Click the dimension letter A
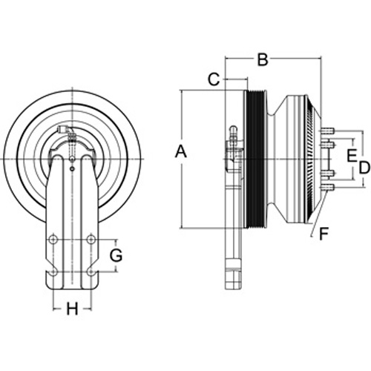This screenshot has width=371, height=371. tap(181, 151)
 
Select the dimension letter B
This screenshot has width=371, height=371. tap(263, 59)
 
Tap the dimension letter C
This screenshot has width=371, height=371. tap(214, 79)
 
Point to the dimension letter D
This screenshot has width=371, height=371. tap(364, 168)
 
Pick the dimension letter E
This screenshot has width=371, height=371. tap(352, 156)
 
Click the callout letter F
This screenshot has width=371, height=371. tap(324, 234)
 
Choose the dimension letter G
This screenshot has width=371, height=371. tap(116, 255)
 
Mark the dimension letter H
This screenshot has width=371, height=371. tap(72, 309)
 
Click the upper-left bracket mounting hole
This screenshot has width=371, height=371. tap(53, 240)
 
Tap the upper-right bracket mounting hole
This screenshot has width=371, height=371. tap(91, 240)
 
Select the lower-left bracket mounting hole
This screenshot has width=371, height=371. tap(53, 272)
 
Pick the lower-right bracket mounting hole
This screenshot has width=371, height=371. tap(91, 272)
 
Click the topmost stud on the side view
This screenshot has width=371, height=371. tap(327, 130)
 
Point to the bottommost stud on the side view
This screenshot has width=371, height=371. tap(327, 187)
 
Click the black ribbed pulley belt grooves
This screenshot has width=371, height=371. tap(255, 159)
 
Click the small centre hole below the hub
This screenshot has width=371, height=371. tap(72, 169)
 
